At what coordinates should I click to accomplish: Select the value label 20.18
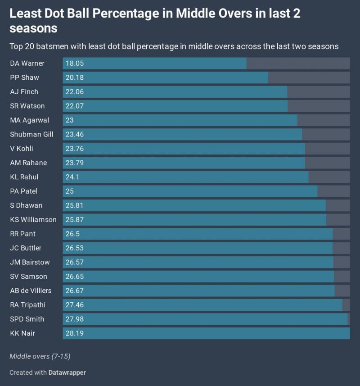click(75, 77)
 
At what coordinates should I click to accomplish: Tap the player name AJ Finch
click(24, 92)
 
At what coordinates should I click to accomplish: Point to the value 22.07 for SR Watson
click(75, 106)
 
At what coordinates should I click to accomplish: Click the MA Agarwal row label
click(30, 120)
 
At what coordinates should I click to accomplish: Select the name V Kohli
click(22, 149)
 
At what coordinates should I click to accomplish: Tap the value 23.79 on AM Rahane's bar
click(75, 163)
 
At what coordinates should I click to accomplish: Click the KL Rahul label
click(24, 177)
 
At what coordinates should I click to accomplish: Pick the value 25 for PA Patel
click(70, 191)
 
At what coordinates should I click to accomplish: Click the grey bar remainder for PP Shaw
click(309, 77)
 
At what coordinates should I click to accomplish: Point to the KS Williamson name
click(33, 219)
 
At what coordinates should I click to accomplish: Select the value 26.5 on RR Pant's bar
click(73, 234)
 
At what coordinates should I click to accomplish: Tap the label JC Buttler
click(26, 248)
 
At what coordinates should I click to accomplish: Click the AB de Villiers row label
click(31, 291)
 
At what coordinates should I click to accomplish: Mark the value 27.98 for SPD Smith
click(75, 319)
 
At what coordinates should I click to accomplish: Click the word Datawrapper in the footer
click(67, 372)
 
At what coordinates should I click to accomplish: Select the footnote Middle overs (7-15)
click(40, 356)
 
